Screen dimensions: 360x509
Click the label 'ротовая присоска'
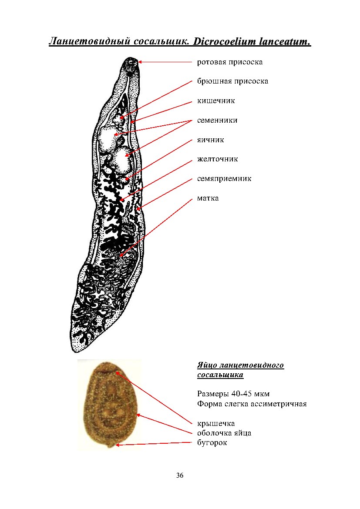[x=230, y=62]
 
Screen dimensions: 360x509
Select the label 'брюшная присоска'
[x=232, y=81]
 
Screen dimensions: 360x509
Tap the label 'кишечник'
[x=216, y=100]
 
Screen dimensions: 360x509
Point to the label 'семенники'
[x=217, y=120]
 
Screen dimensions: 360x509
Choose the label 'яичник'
[x=210, y=140]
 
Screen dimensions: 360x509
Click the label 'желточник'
[x=217, y=159]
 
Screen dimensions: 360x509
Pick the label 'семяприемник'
[x=224, y=178]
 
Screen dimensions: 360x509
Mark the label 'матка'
[x=208, y=198]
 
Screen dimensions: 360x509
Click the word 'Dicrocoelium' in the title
[x=225, y=42]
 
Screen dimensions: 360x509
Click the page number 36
[x=180, y=475]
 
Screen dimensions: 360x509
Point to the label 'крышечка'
[x=216, y=423]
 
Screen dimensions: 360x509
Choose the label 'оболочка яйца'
[x=224, y=433]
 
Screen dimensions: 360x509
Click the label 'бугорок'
[x=212, y=442]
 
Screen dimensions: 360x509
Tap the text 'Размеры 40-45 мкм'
[x=233, y=394]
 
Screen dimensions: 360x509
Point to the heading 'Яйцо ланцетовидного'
[x=240, y=365]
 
